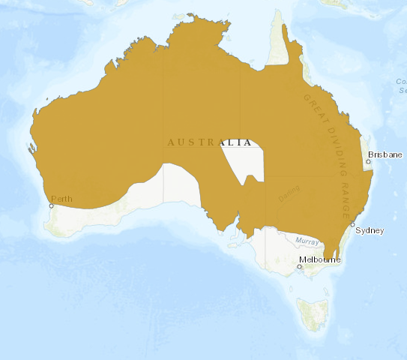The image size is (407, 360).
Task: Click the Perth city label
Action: point(61,199)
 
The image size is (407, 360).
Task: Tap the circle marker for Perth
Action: point(52,205)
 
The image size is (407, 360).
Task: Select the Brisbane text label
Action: point(385,154)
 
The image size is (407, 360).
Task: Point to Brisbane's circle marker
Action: point(368,161)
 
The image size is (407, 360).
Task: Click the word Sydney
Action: point(370,230)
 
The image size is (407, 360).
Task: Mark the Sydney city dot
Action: point(352,224)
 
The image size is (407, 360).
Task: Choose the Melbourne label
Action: point(320,259)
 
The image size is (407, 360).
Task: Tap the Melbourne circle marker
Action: point(299,265)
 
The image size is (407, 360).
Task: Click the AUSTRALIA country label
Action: point(209,142)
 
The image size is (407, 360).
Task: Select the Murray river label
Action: point(307,241)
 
